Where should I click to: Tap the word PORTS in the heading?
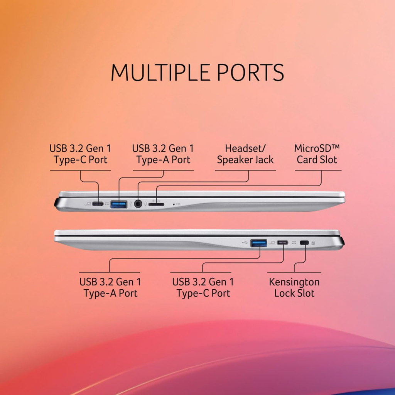(x=250, y=72)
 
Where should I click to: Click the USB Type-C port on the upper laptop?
(x=98, y=204)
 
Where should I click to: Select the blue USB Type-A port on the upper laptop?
(x=119, y=204)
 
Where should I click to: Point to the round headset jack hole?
(x=138, y=204)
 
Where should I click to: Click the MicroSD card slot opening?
(x=156, y=204)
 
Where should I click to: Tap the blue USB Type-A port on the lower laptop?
(x=259, y=243)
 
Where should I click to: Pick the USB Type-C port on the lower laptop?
(x=283, y=243)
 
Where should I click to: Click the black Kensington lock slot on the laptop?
(x=304, y=243)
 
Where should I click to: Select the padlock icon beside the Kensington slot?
(x=313, y=243)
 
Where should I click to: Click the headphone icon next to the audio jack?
(x=145, y=203)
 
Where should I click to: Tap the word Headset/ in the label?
(x=245, y=149)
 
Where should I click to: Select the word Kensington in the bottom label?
(x=294, y=282)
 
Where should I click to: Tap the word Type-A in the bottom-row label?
(x=100, y=294)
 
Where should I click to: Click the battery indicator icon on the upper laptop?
(x=178, y=204)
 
